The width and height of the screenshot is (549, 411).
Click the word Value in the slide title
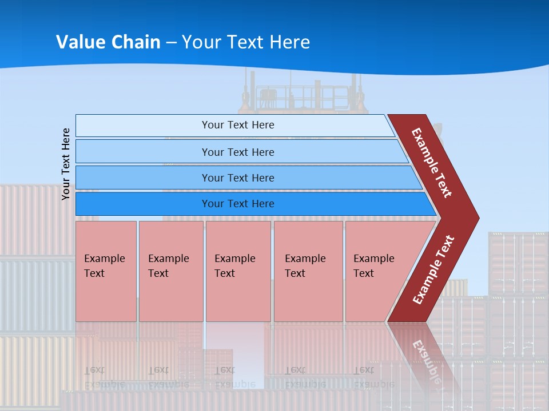coord(80,42)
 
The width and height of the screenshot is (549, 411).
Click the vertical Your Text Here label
coord(66,164)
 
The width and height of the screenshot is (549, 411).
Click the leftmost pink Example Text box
coord(106,271)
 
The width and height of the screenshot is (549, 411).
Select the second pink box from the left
coord(170,271)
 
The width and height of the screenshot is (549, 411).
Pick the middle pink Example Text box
coord(238,271)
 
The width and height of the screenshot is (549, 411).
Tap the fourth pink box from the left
coord(308,271)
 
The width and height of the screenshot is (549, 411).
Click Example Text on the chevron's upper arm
coord(432,163)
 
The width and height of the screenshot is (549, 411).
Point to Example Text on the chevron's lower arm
coord(433,269)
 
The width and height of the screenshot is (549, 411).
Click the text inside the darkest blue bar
coord(238,204)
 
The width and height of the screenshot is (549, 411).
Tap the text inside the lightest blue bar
coord(238,125)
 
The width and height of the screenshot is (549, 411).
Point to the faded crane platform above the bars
coord(303,94)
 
